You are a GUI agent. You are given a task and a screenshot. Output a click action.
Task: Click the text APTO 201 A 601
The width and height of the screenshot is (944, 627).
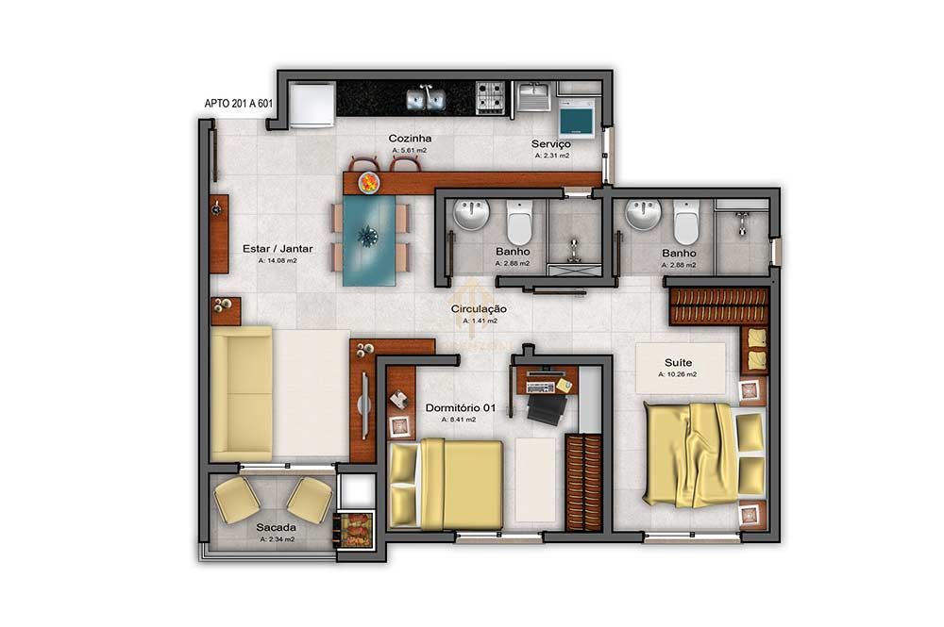tap(239, 105)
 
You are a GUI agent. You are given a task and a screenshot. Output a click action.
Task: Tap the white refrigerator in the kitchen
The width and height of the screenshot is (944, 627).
tap(312, 105)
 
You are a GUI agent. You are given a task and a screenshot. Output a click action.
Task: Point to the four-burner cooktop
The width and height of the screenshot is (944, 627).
tap(489, 97)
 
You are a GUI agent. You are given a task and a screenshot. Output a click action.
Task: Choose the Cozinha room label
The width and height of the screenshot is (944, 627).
tap(410, 139)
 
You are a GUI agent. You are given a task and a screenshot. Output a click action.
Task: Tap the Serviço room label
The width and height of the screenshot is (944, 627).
tap(550, 143)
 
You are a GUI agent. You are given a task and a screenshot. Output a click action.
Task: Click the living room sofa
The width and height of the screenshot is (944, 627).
tap(242, 393)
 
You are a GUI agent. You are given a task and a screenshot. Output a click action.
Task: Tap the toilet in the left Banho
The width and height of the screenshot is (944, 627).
tap(520, 223)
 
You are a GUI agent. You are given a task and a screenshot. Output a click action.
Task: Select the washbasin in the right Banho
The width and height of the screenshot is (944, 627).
tap(644, 214)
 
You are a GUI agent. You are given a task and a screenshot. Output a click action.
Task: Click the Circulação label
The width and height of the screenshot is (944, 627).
tap(479, 308)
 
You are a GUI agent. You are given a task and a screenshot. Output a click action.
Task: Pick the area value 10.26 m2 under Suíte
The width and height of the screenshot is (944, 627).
tap(678, 374)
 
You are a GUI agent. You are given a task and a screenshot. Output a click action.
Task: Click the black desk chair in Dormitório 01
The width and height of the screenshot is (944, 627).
tap(545, 407)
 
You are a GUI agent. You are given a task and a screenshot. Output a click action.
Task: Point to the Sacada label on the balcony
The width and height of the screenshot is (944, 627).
tap(276, 527)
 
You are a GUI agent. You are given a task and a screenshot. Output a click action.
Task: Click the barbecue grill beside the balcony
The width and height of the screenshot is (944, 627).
tap(355, 529)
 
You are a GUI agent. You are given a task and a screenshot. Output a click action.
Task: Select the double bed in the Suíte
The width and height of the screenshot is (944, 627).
tap(702, 454)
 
